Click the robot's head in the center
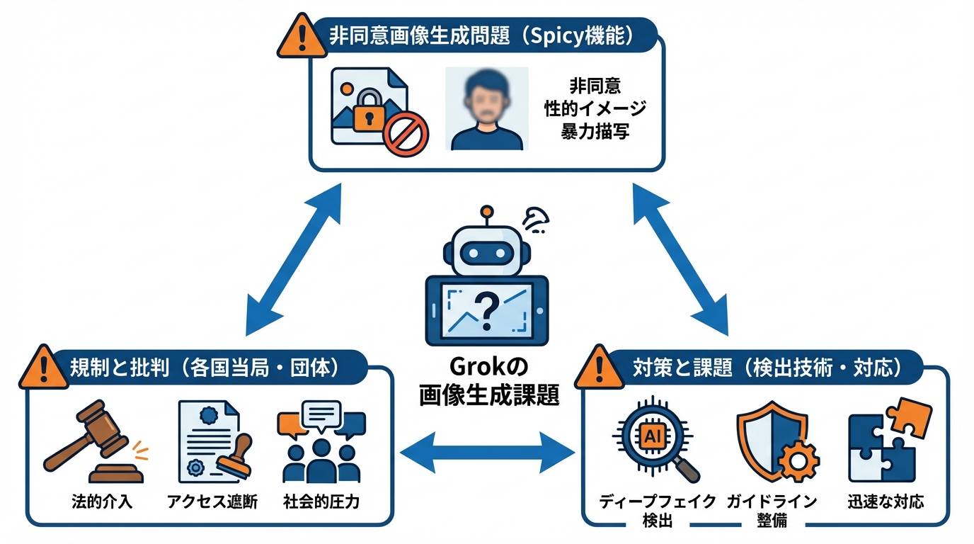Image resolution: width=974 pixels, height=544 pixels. (486, 250)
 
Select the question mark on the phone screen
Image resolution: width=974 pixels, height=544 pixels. (486, 310)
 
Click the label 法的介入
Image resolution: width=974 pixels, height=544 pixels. (103, 501)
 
